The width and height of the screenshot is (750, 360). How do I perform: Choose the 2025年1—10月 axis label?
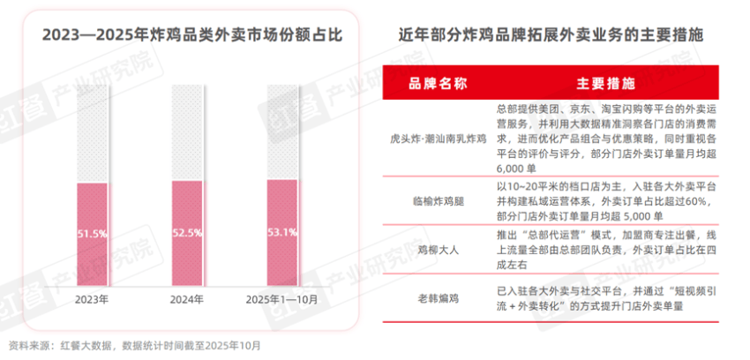coord(281,299)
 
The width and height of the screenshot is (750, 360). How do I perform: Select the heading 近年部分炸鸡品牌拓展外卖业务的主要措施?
coord(557,35)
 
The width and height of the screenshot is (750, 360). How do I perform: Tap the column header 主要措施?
coord(605,86)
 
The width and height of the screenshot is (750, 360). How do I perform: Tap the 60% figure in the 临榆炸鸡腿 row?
coord(691,200)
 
